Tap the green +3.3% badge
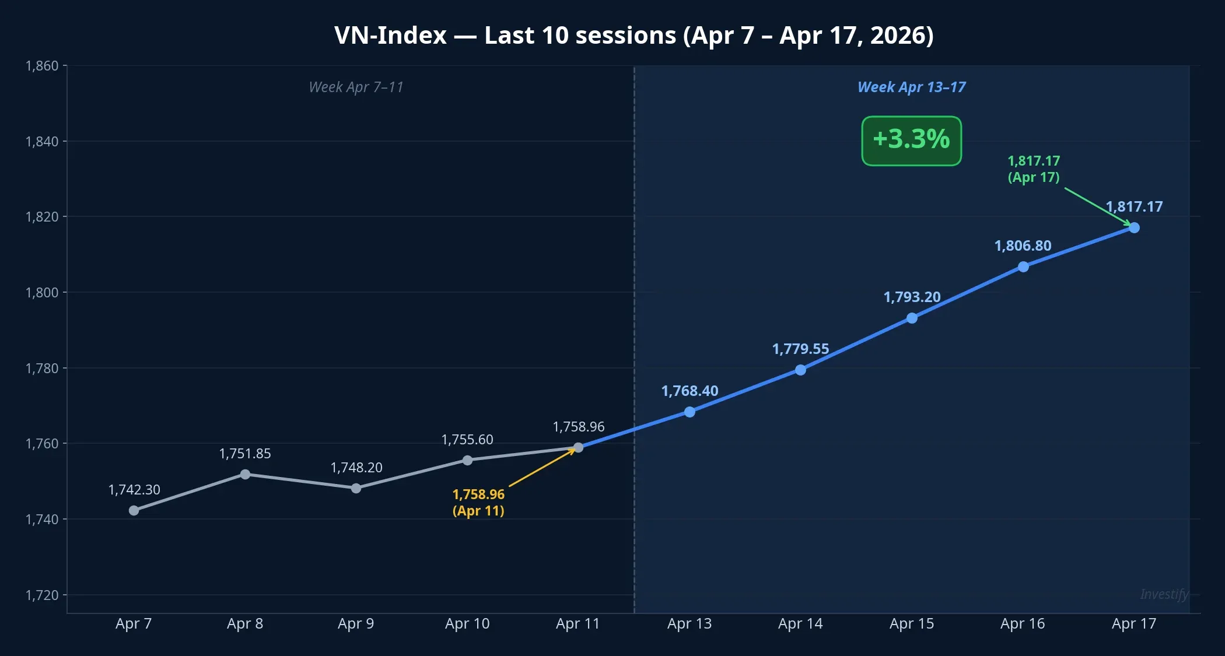tap(911, 141)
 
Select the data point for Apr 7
tap(134, 510)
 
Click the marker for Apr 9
tap(356, 488)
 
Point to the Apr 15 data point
tap(912, 318)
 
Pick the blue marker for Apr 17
tap(1134, 227)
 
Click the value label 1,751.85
tap(245, 454)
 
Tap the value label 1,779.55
tap(800, 349)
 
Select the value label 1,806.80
tap(1023, 245)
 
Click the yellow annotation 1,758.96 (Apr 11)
tap(478, 502)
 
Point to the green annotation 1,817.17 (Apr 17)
tap(1034, 169)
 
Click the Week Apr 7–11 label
tap(356, 87)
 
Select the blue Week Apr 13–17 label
tap(911, 87)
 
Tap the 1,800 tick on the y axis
tap(42, 292)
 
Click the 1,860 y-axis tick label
tap(42, 66)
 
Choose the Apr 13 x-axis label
tap(689, 623)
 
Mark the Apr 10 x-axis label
tap(467, 623)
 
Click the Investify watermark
tap(1164, 594)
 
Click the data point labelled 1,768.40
tap(689, 412)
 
